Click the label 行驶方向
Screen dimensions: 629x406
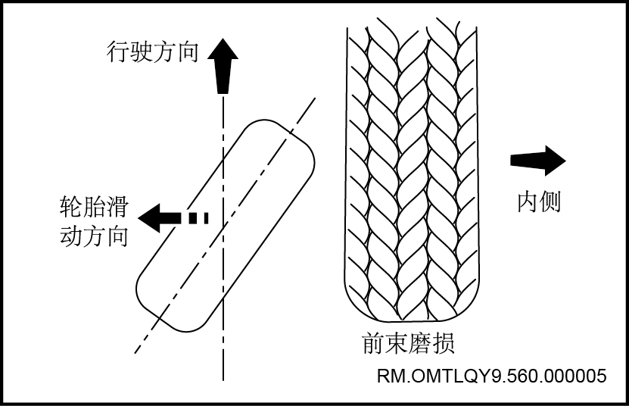coord(152,52)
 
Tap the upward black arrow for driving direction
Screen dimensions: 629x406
coord(223,66)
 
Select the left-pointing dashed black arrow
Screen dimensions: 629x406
coord(173,218)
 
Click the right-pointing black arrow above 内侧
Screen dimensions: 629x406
coord(538,161)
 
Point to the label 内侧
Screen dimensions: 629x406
coord(539,201)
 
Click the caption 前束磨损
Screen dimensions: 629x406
coord(409,342)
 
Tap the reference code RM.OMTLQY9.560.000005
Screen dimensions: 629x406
coord(492,376)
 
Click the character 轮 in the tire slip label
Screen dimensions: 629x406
coord(71,207)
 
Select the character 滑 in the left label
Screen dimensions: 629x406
coord(117,207)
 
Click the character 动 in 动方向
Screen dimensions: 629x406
coord(71,236)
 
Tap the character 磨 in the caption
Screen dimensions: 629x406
coord(420,343)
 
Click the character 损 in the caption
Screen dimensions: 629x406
coord(444,343)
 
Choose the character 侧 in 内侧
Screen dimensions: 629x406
coord(550,201)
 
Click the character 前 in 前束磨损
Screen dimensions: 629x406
coord(373,343)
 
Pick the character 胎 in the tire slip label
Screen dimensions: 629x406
coord(95,207)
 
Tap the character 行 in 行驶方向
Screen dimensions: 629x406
coord(118,52)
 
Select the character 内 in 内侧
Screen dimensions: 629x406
coord(528,201)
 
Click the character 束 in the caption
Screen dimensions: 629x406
coord(397,343)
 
